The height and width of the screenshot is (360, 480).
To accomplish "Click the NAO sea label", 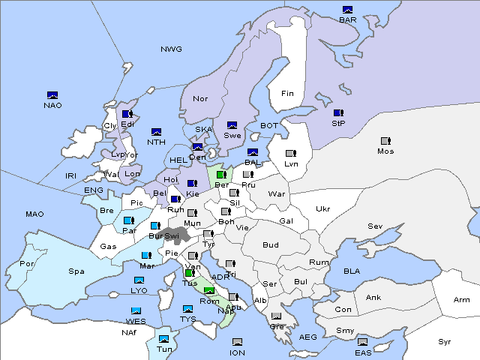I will pos(52,105).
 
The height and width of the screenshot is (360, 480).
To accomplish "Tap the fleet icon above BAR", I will pos(347,10).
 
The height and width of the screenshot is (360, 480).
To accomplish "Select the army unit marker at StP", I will pos(338,113).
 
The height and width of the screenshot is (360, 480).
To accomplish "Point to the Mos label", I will pos(385,151).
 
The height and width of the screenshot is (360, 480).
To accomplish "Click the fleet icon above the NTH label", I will pos(157,132).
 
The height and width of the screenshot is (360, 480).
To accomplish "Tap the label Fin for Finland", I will pos(287,94).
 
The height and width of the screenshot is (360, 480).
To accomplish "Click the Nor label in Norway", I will pos(200,99).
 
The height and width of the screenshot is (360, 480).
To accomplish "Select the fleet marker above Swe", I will pos(232,125).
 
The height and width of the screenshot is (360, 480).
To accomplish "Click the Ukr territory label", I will pos(323,209).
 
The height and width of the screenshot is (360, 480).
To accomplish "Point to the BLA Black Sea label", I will pos(352,271).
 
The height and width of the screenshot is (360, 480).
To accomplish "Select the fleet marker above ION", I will pos(237,342).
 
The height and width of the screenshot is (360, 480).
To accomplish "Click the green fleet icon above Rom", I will pos(209,291).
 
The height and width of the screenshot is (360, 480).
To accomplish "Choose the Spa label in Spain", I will pos(76,271).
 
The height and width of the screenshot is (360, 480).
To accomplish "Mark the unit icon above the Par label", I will pos(129,220).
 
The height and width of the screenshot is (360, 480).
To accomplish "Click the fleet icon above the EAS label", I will pos(363,342).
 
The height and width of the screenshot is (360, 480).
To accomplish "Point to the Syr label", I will pos(445,341).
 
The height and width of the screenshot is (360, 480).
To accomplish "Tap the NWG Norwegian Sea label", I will pos(171,49).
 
